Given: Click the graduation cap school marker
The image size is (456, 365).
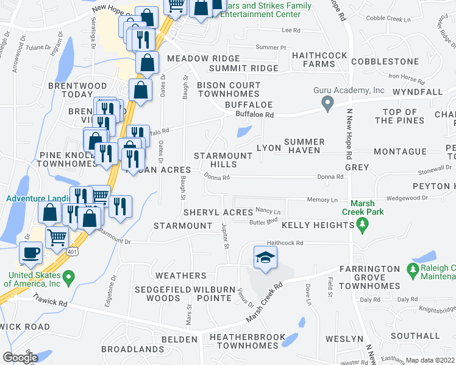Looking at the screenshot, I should tap(266, 257).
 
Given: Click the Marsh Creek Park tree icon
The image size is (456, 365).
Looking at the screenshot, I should tap(363, 226).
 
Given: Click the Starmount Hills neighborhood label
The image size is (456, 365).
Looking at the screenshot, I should tap(223, 160).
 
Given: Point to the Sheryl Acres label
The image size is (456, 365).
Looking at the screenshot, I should tap(218, 212).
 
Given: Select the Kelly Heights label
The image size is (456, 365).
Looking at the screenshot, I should tap(317, 225).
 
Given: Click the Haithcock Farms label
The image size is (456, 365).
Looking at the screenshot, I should tap(319, 59).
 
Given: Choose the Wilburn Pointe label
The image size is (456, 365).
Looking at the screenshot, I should tap(213, 293).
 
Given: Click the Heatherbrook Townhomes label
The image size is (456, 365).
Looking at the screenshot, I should tap(244, 341).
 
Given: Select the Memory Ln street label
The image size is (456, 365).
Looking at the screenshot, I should tap(322, 200).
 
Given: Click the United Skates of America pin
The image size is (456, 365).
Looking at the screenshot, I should tap(68, 279).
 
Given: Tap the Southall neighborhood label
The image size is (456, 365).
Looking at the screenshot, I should tap(415, 335).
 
